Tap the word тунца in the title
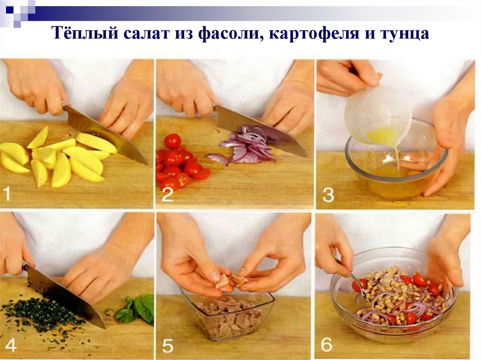[405, 34]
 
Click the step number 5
[168, 345]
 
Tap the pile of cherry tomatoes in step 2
[178, 162]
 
